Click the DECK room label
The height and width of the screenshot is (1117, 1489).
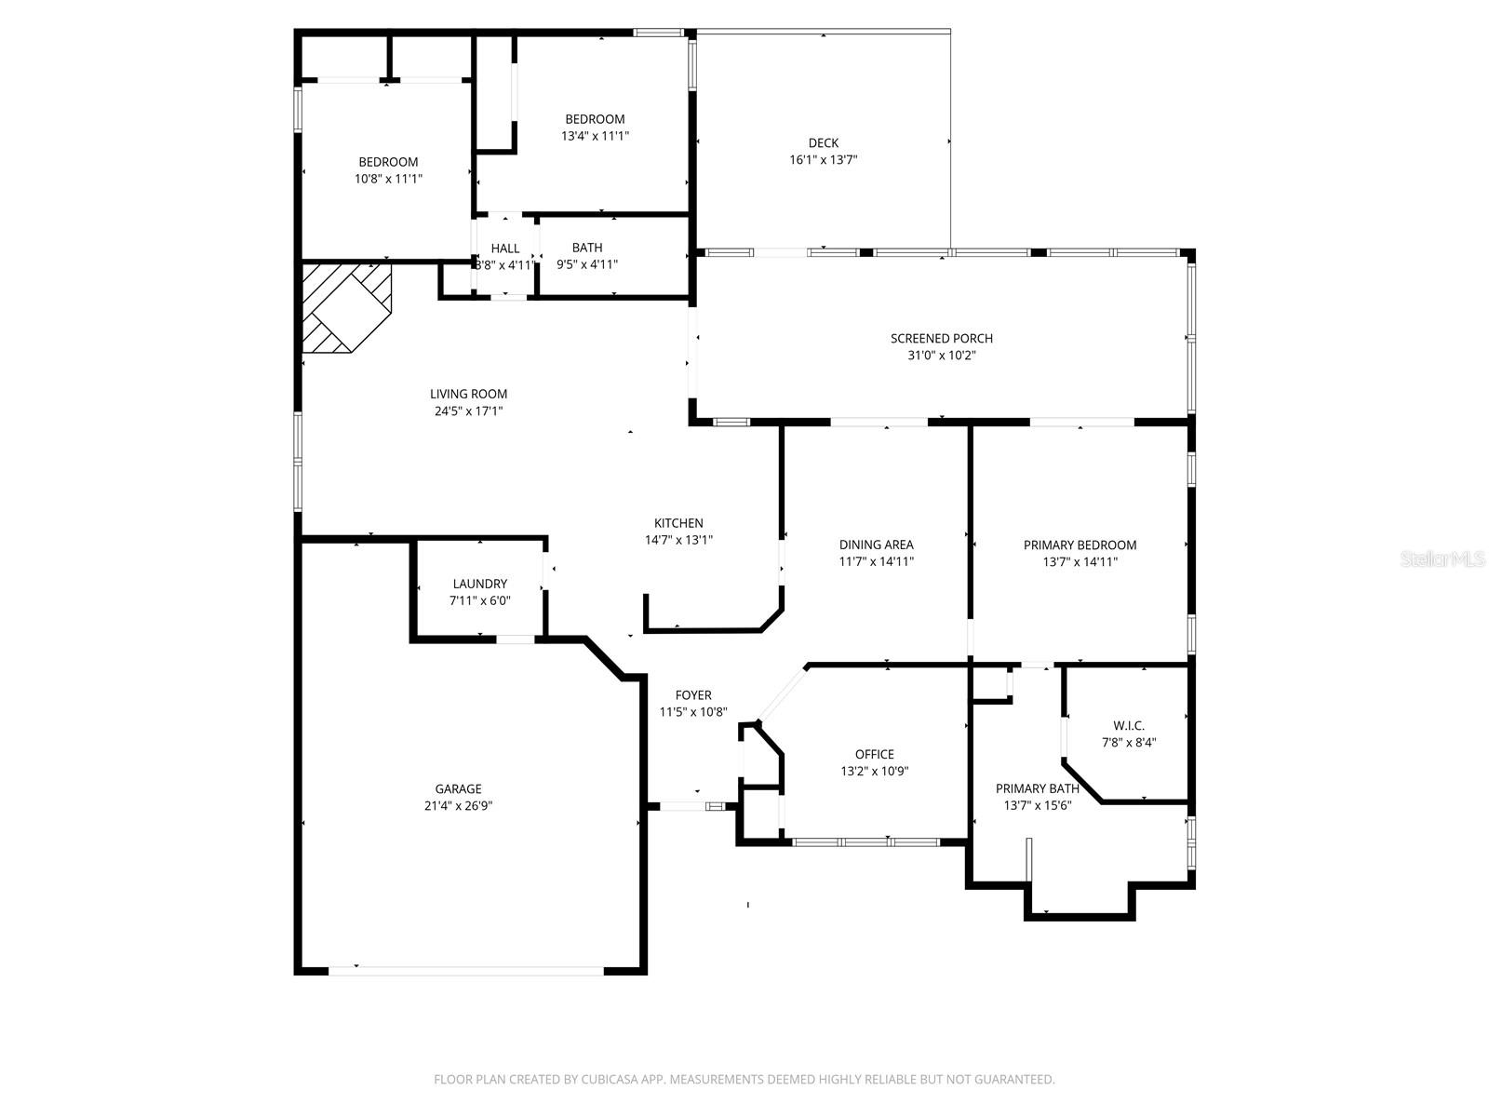(823, 142)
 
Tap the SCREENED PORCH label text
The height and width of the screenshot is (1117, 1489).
(941, 338)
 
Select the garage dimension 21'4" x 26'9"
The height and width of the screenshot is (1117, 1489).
(458, 806)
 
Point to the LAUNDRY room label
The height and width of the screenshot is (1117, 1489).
(479, 584)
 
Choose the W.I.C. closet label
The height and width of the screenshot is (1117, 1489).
(1128, 726)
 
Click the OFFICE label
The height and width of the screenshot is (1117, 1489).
(874, 754)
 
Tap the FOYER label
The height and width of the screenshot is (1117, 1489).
(692, 694)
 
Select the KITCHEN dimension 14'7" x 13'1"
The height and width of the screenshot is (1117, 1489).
(678, 540)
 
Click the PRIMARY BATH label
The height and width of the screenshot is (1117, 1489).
(1037, 788)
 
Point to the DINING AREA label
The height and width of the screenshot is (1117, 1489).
(876, 545)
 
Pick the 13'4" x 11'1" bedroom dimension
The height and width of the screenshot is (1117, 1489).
(595, 136)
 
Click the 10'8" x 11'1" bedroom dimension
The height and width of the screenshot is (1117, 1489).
(388, 179)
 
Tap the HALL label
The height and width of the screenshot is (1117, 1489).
(505, 248)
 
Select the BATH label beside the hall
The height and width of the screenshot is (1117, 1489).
(586, 247)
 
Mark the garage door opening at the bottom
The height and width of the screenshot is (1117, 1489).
(465, 971)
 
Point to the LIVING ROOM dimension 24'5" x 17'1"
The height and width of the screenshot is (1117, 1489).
(468, 410)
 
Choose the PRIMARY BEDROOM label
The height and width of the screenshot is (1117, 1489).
(1080, 545)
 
